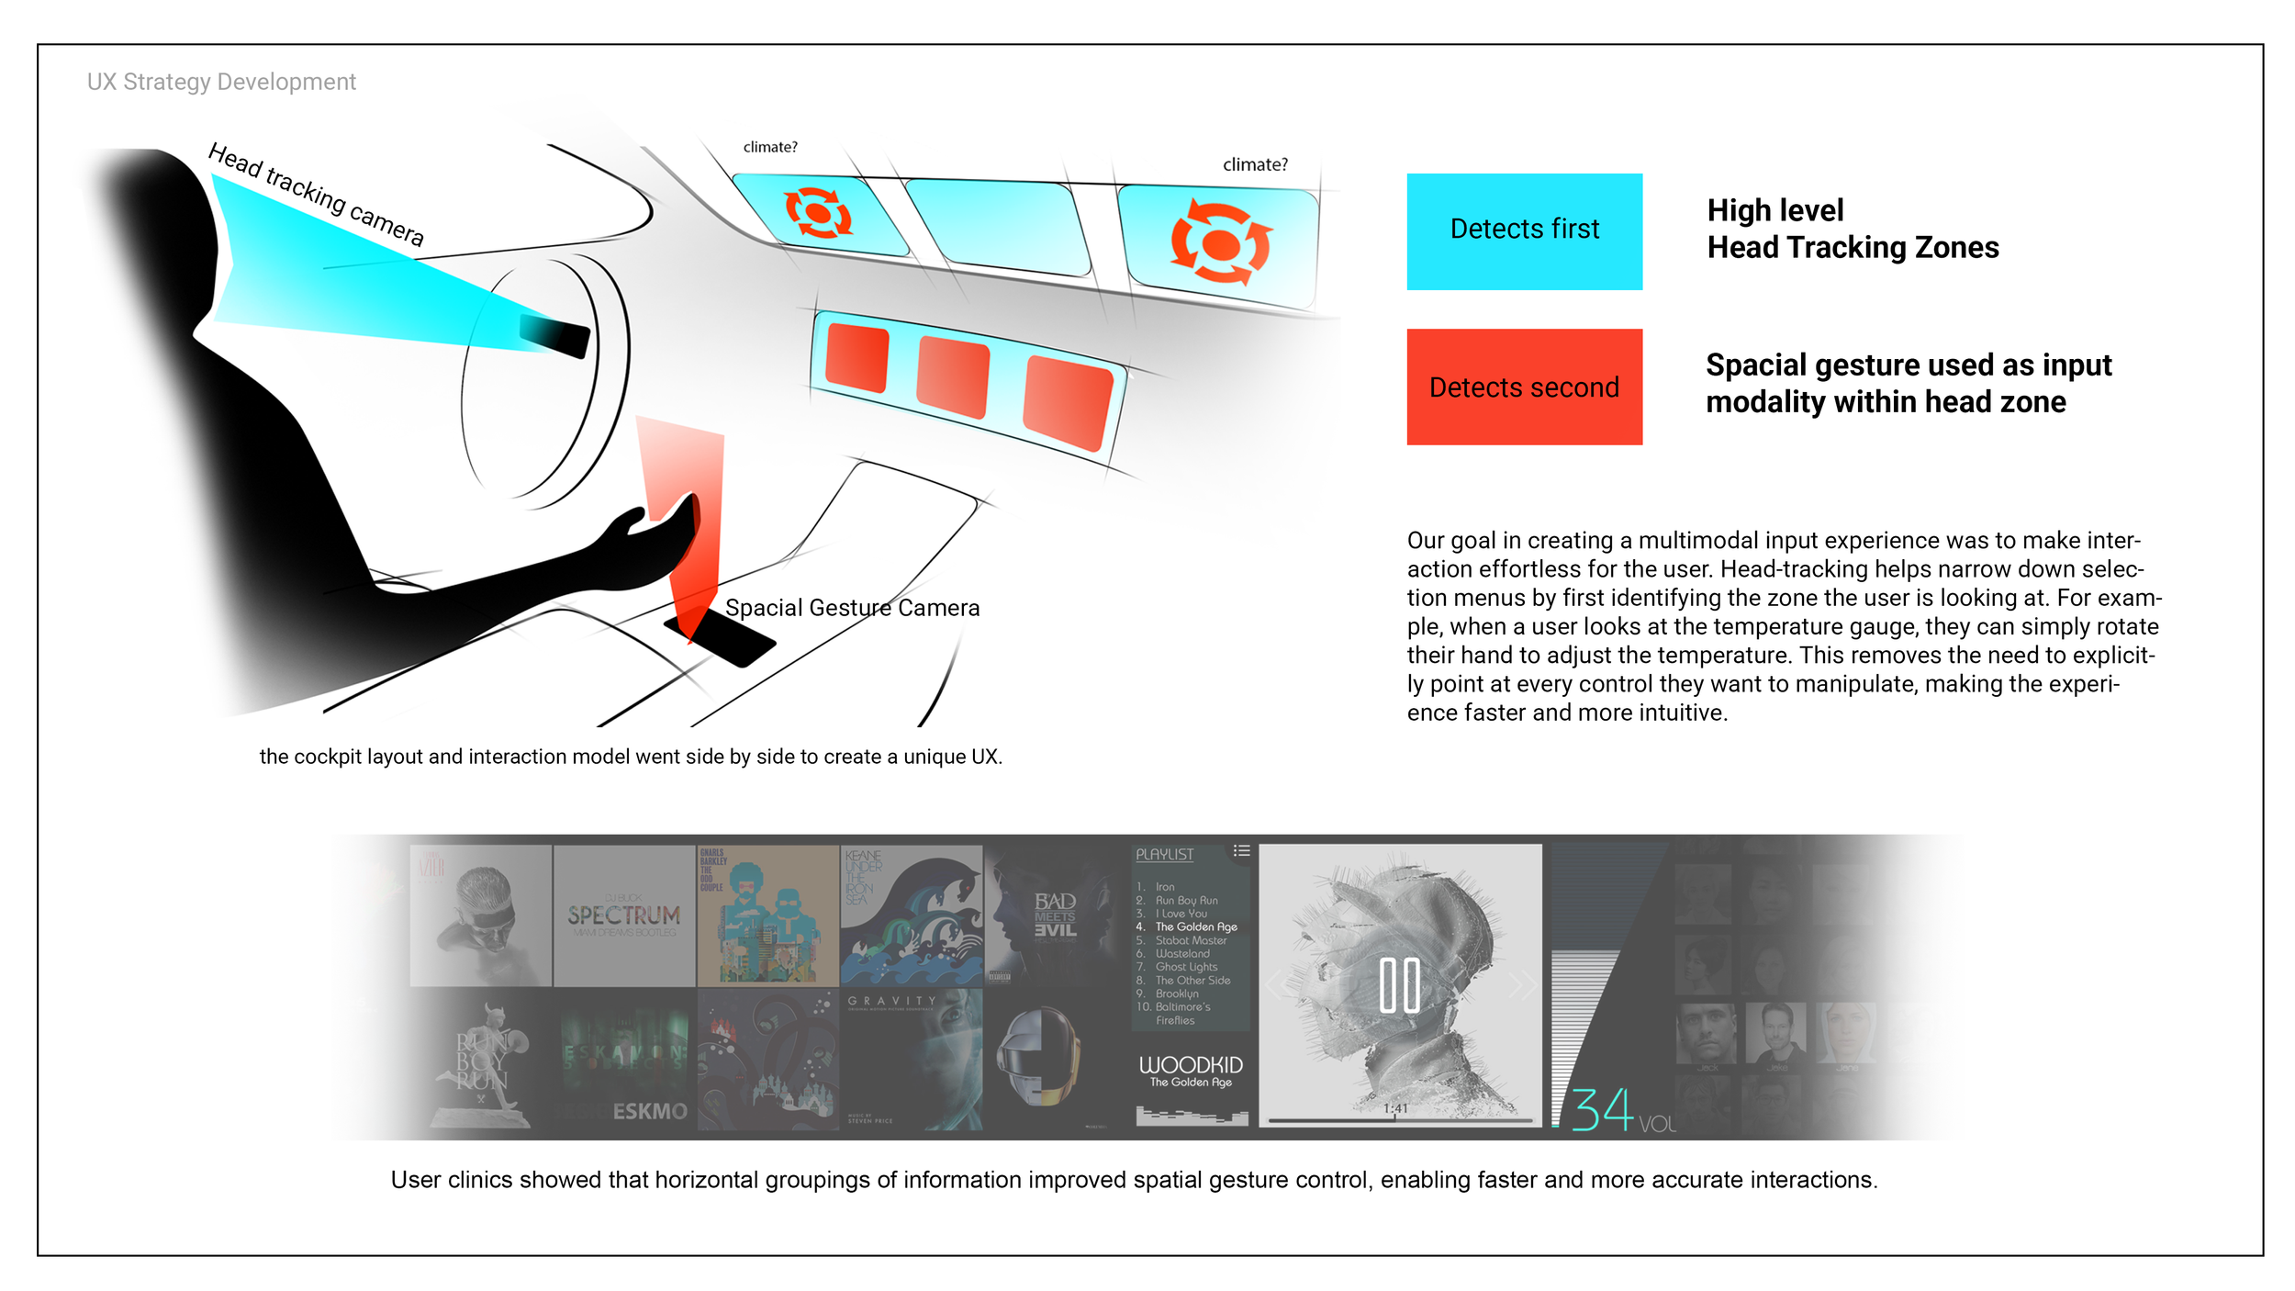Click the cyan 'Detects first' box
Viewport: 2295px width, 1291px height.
tap(1524, 231)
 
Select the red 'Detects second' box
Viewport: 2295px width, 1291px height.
tap(1524, 387)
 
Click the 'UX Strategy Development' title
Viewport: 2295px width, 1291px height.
tap(221, 82)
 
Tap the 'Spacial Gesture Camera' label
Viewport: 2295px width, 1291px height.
tap(852, 608)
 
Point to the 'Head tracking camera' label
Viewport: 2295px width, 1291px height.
tap(316, 195)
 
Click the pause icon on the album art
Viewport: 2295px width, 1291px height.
tap(1399, 985)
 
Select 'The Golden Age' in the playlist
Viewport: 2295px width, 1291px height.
tap(1195, 926)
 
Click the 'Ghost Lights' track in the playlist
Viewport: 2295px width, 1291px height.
tap(1186, 967)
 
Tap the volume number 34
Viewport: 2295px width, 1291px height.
tap(1603, 1109)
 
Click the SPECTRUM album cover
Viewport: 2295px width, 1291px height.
tap(624, 915)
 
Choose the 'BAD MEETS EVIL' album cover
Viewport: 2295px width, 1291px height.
tap(1055, 915)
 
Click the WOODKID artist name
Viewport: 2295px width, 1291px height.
tap(1191, 1065)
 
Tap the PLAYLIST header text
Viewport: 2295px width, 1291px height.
tap(1165, 854)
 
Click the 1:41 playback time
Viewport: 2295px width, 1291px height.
tap(1395, 1108)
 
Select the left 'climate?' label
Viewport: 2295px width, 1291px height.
tap(770, 147)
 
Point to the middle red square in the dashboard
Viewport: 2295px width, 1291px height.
tap(953, 376)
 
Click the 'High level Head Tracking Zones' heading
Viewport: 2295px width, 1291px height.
tap(1852, 229)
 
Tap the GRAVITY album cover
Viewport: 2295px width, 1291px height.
tap(911, 1059)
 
